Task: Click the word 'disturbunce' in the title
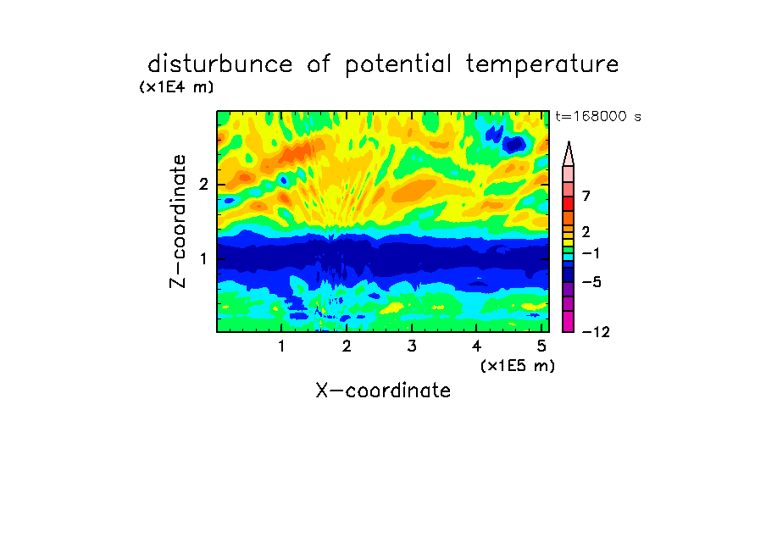point(219,64)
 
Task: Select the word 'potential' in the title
point(398,65)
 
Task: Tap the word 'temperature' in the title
point(542,65)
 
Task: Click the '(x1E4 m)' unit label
point(176,87)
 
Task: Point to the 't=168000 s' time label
point(598,116)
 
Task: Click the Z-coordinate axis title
point(178,221)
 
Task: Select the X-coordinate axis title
point(383,391)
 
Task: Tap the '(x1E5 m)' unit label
point(518,366)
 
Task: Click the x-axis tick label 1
point(281,346)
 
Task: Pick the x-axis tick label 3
point(412,346)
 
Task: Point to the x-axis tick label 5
point(541,346)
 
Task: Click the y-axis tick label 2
point(203,185)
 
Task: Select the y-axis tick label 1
point(203,258)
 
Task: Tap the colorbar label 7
point(586,197)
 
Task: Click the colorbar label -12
point(596,333)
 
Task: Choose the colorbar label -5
point(591,282)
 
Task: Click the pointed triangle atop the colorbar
point(569,153)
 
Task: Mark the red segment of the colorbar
point(569,203)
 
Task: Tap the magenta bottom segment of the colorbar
point(569,321)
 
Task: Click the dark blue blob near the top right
point(514,144)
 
